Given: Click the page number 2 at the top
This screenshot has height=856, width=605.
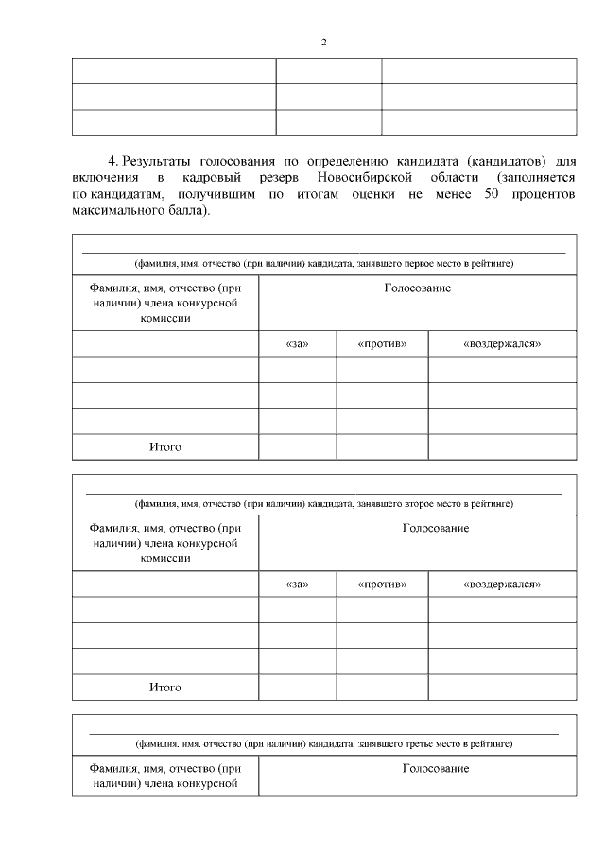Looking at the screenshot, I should pos(323,43).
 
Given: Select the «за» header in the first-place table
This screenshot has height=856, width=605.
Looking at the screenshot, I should pos(297,344).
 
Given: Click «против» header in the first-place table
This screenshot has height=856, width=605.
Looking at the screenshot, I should pos(382,344).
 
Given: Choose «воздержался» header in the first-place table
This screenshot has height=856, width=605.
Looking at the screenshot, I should pos(502,344).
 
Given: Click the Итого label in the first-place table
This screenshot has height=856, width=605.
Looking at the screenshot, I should pos(164,446).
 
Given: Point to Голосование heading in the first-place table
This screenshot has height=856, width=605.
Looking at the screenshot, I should pos(417,288).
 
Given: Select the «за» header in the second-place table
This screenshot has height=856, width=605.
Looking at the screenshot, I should pos(297,585).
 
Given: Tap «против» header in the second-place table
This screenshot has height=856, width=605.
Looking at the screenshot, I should pos(382,585).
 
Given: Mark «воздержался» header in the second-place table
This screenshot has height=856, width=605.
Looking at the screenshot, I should pos(502,585).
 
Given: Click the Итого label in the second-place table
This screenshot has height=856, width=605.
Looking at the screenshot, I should pos(164,687).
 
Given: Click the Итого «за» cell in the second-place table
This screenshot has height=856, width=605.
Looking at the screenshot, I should pos(297,687).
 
